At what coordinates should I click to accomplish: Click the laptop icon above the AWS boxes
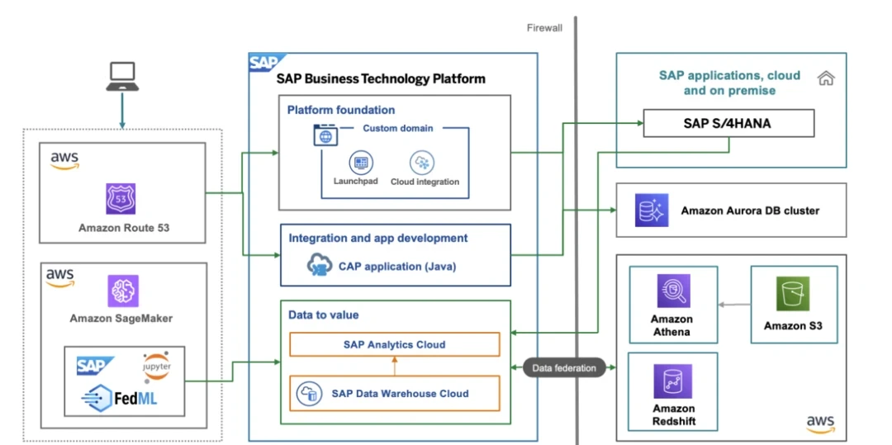pos(122,75)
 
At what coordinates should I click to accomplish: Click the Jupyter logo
pos(156,366)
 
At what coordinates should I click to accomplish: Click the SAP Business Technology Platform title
pos(381,79)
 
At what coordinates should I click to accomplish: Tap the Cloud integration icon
pos(423,163)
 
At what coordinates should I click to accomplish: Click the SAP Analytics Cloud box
pos(394,344)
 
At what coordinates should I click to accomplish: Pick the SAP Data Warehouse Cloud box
pos(394,393)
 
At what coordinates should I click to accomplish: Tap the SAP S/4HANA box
pos(729,124)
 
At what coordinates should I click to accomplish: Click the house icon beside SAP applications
pos(825,78)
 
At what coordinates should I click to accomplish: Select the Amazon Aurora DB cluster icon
pos(652,210)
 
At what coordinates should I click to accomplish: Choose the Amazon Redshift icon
pos(672,381)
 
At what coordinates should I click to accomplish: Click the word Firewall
pos(544,28)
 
